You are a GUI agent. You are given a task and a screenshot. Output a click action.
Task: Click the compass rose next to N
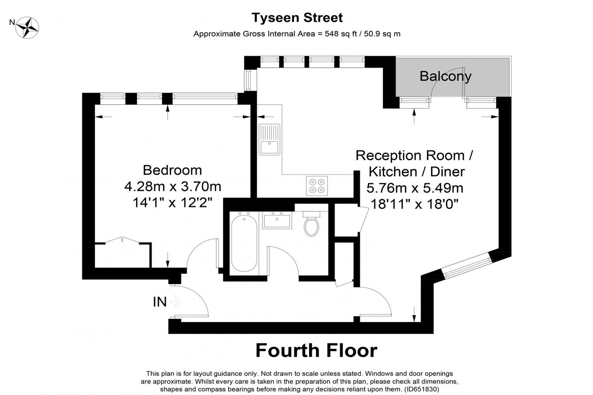coord(27,28)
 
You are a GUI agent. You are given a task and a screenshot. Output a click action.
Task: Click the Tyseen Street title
coord(297,18)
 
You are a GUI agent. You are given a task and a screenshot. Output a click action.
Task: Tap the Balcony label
coord(446,77)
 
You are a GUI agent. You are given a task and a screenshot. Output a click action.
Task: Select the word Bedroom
coord(172,170)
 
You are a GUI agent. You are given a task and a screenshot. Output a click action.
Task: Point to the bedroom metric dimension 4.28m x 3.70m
coord(173,186)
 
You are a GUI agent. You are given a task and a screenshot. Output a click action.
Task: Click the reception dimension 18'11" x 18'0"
coord(414,204)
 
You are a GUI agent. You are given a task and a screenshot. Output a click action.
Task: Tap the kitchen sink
coord(269,139)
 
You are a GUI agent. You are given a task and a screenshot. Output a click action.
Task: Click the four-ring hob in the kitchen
coord(317,186)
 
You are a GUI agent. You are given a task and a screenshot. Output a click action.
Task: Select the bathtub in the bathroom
coord(244,243)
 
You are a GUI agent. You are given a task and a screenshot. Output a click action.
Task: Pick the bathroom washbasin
coord(277,220)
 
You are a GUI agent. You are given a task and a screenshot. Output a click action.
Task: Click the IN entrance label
coord(160,302)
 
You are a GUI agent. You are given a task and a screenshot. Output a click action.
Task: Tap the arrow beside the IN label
coord(175,301)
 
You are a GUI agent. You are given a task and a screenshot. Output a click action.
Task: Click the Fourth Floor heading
coord(316,350)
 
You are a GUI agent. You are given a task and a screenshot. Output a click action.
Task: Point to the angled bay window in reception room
coord(466,265)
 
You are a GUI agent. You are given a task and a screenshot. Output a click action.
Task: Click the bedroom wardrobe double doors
coord(122,240)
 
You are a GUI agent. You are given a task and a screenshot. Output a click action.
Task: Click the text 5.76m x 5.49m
coord(415,188)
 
